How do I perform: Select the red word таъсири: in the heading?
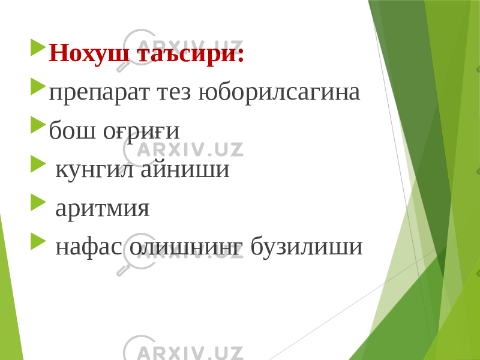pos(190,53)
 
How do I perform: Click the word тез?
pos(174,92)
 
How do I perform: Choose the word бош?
pos(72,130)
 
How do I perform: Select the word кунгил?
pos(95,170)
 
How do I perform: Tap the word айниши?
pos(185,169)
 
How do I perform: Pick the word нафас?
pos(89,246)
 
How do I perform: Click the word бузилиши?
pos(307,246)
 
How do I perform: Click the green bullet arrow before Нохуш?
pos(38,47)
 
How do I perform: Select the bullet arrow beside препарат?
pos(38,86)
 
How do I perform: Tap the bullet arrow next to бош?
pos(38,125)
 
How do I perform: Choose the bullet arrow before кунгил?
pos(38,164)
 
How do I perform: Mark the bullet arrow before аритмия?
pos(38,202)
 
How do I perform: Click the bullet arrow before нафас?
pos(38,241)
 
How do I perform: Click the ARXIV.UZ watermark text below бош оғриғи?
pos(190,149)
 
